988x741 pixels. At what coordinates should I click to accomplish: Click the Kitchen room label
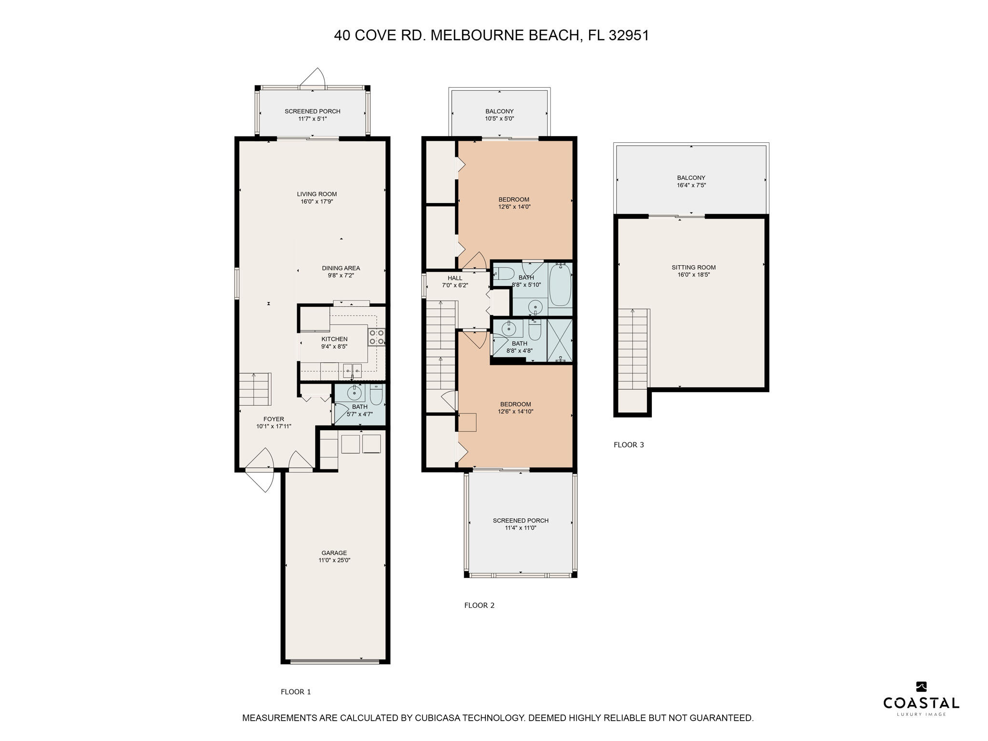(334, 339)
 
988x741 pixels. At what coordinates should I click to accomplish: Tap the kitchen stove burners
(376, 337)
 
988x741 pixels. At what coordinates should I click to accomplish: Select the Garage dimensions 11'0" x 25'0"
(334, 561)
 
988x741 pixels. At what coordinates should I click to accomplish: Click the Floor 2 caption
(479, 605)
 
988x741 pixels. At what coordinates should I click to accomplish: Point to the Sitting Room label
(693, 267)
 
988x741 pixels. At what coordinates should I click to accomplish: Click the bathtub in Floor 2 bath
(560, 286)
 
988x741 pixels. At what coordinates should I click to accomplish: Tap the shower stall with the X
(560, 340)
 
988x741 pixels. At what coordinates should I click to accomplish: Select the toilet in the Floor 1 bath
(376, 396)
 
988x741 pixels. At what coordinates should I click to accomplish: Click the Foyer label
(274, 419)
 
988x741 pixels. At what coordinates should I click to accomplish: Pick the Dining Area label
(341, 268)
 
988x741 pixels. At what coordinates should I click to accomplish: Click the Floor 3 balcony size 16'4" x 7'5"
(691, 185)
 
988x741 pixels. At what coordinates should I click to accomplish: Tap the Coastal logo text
(921, 703)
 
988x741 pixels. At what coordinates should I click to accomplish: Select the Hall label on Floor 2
(454, 278)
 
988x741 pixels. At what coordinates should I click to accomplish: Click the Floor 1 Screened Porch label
(312, 111)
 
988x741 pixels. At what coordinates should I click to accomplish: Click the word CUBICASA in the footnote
(438, 718)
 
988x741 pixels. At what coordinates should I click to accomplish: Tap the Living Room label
(316, 194)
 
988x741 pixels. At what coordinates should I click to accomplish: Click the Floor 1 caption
(296, 692)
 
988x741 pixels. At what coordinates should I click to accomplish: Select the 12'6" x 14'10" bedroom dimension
(515, 412)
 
